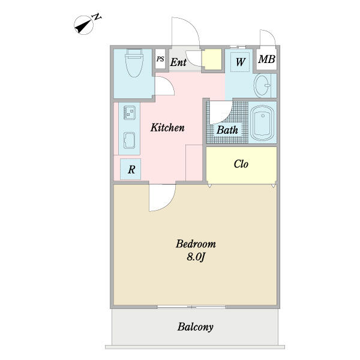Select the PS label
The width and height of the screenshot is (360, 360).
(x=160, y=59)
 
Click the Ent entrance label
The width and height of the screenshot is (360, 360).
(x=178, y=62)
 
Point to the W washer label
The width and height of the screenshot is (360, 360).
(x=240, y=61)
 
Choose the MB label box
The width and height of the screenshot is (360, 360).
(x=266, y=60)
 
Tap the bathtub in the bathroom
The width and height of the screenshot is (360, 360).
(x=262, y=124)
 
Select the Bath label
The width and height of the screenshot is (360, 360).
(x=227, y=130)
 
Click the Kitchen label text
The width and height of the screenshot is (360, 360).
(x=167, y=128)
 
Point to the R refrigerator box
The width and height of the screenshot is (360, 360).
(x=131, y=170)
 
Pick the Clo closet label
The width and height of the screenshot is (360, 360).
(x=241, y=164)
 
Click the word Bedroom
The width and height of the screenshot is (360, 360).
(x=196, y=244)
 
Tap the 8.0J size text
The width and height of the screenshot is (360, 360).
(x=196, y=257)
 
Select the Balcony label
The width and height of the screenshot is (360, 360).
(x=195, y=327)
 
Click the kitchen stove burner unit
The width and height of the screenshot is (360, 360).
(x=130, y=112)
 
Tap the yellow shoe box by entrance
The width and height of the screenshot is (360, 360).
(x=211, y=61)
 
